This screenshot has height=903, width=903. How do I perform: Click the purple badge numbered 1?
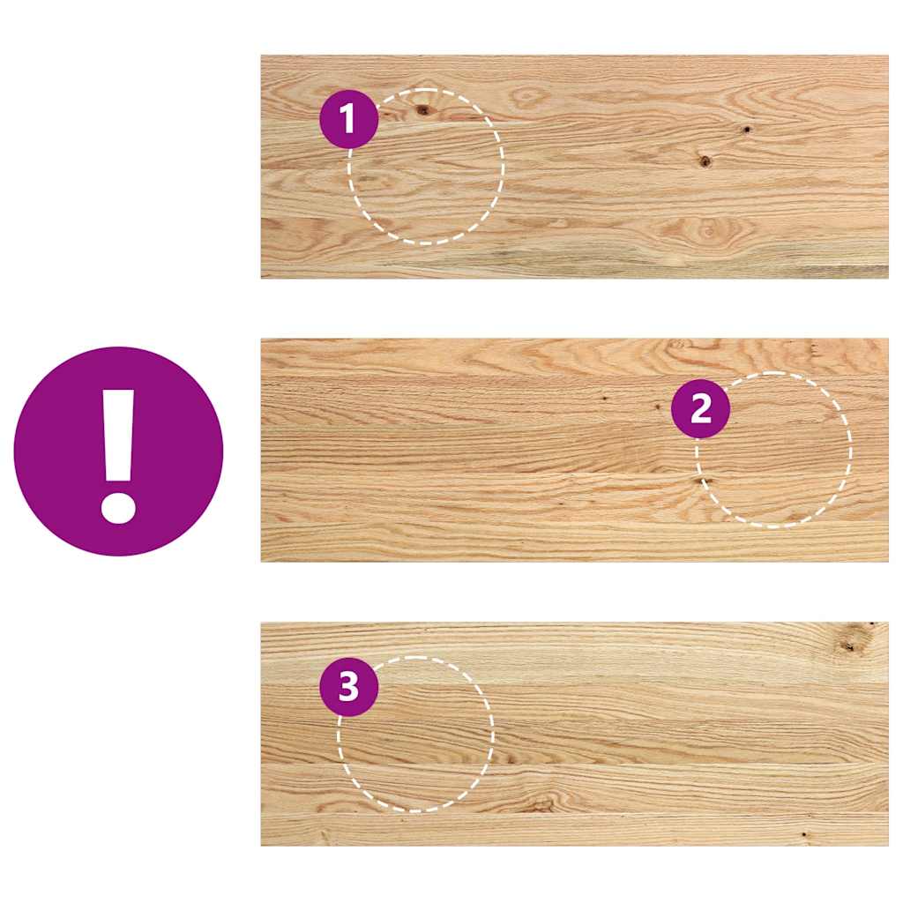point(348,118)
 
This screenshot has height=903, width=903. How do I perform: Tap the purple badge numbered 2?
point(700,409)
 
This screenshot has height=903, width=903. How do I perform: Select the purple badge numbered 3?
point(348,686)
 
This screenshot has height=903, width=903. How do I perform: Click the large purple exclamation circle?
point(118,451)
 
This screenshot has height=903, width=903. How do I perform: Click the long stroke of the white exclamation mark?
point(118,432)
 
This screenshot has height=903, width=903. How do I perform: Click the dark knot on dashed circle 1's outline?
point(422,110)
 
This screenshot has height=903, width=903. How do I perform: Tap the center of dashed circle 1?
point(426,167)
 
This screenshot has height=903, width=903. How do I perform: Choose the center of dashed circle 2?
point(773,450)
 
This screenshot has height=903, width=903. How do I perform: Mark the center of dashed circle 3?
point(416,734)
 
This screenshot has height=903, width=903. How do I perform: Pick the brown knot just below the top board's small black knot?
point(704,161)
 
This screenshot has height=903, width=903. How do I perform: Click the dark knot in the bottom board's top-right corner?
point(850,644)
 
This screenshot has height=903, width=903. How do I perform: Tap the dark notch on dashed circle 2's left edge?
point(704,481)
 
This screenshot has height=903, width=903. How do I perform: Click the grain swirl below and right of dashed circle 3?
point(540,802)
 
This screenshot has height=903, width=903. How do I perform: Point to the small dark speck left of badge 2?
point(658,407)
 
